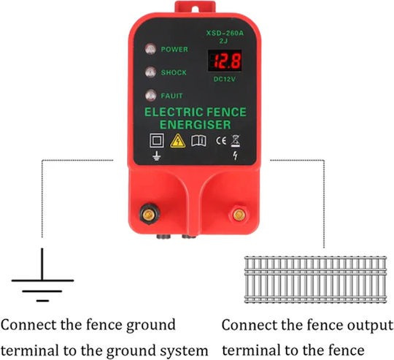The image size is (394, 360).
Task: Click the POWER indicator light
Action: click(150, 49)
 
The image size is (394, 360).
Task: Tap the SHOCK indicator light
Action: click(150, 72)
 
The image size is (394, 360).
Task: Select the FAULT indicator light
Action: click(151, 95)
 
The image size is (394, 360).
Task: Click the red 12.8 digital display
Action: click(225, 61)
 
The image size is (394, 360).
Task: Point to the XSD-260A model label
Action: click(225, 33)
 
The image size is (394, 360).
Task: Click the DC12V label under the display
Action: click(225, 79)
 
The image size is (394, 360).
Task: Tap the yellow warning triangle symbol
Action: click(178, 141)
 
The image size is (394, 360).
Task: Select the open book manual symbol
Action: click(198, 141)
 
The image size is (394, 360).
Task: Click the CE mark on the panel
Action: click(221, 141)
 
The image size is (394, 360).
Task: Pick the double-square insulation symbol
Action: click(157, 140)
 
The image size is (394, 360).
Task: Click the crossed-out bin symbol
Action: click(236, 141)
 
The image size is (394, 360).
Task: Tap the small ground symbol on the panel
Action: click(156, 156)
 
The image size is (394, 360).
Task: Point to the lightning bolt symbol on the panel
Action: click(235, 156)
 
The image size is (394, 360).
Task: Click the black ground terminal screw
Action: click(150, 214)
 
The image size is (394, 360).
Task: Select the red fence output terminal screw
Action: click(239, 215)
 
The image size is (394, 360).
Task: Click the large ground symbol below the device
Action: click(42, 275)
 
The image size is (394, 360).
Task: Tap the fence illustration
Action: click(315, 280)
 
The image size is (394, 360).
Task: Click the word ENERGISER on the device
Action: click(196, 125)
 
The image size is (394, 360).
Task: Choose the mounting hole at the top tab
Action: click(195, 9)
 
